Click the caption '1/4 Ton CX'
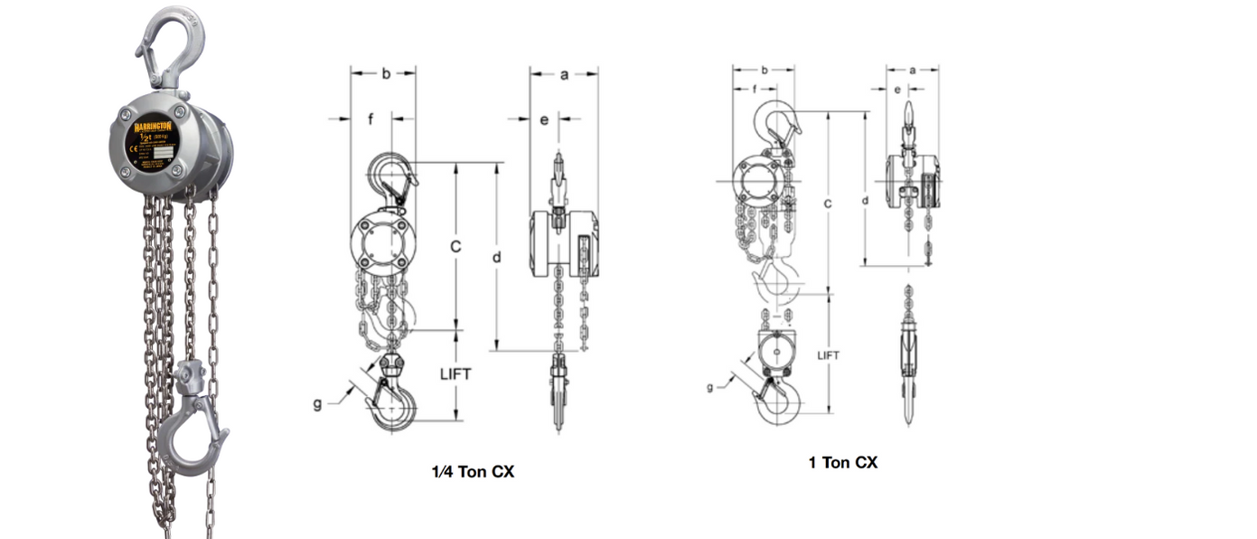473,471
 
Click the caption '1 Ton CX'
842,462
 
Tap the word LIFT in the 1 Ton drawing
828,355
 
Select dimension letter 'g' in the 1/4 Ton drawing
317,403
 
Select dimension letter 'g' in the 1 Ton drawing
709,386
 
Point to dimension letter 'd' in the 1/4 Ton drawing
497,257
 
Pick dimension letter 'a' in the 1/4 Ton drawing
564,75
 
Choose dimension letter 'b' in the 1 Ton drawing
765,70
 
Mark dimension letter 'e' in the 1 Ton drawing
897,90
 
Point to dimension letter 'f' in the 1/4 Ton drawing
371,118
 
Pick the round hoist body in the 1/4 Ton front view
381,242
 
